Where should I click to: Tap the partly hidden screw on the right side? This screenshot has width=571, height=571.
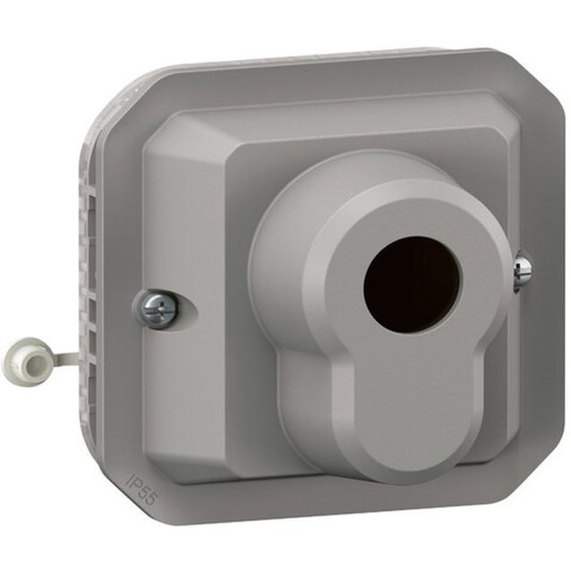coord(522,269)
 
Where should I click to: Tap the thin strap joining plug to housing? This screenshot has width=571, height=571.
coord(66,354)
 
